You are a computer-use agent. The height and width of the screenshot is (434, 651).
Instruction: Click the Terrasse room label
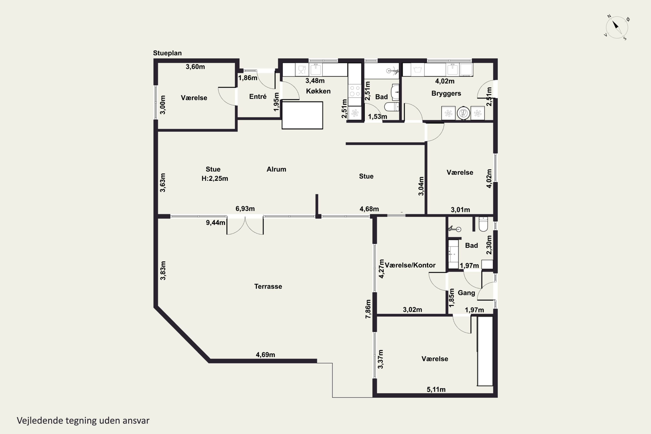(x=268, y=286)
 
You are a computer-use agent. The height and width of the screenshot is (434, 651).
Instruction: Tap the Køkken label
(x=318, y=91)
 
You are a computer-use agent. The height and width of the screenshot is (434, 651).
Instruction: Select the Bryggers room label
(x=446, y=94)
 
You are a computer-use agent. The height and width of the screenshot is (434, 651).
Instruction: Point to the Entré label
(x=258, y=97)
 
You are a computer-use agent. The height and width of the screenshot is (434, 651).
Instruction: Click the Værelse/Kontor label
(x=410, y=265)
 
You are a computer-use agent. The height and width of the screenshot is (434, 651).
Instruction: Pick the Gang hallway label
(x=466, y=293)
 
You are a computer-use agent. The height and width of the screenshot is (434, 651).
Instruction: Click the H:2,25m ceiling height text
(x=215, y=179)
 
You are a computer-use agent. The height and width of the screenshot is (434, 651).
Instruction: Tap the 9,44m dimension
(x=215, y=223)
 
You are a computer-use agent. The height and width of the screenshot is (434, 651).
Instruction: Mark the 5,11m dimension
(x=436, y=390)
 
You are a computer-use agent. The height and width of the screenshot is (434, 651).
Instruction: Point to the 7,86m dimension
(x=368, y=309)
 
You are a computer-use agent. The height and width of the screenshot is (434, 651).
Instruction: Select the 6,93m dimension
(x=245, y=209)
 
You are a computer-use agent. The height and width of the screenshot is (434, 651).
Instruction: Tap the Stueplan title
(x=168, y=53)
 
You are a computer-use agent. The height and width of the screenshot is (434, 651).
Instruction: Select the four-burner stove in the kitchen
(x=355, y=91)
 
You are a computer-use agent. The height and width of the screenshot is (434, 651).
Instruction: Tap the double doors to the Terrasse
(x=245, y=226)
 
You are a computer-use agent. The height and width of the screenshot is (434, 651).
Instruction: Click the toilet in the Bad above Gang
(x=483, y=224)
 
